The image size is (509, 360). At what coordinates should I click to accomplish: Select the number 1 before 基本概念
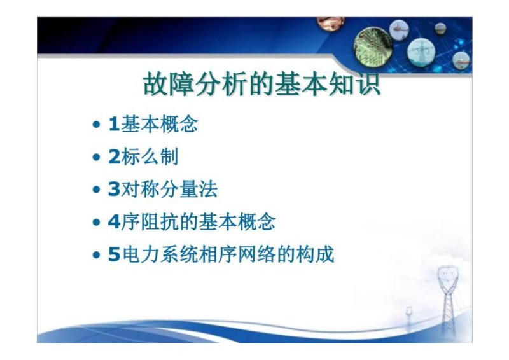click(x=114, y=124)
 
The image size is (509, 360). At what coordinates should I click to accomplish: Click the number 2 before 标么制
click(x=114, y=156)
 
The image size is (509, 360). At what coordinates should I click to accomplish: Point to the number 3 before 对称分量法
click(x=114, y=190)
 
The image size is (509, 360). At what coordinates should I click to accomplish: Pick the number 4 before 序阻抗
click(x=114, y=223)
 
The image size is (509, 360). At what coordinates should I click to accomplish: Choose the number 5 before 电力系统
click(x=114, y=256)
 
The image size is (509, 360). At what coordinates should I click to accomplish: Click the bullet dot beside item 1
click(x=96, y=125)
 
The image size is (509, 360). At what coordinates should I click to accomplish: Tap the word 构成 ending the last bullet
click(x=316, y=256)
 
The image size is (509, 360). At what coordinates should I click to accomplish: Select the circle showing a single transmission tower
click(x=421, y=50)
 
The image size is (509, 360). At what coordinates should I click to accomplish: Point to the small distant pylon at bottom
click(x=408, y=315)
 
